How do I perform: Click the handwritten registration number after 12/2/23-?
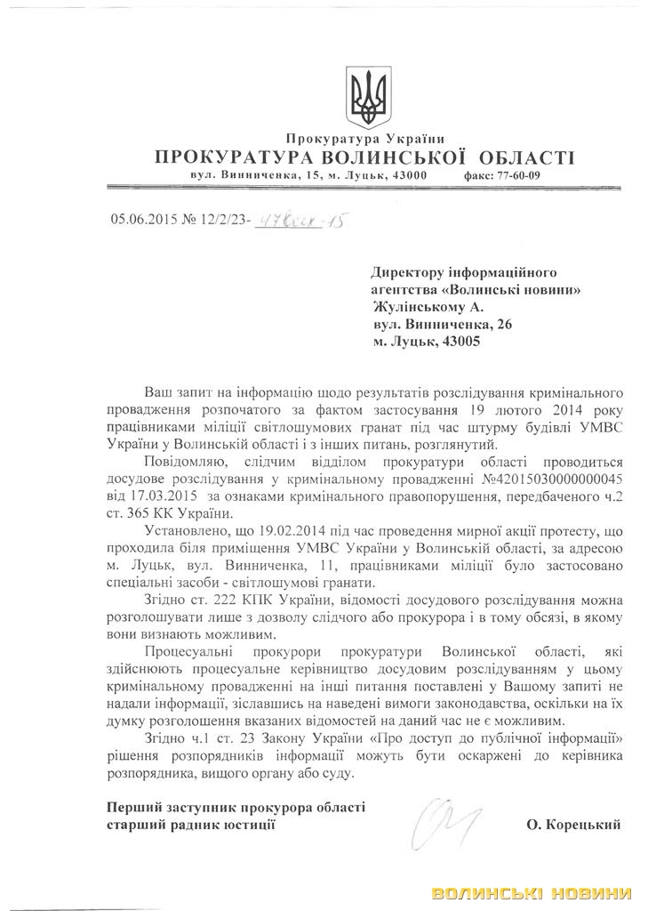(299, 218)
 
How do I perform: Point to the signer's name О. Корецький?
(573, 826)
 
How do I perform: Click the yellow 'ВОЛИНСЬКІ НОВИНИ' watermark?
(532, 892)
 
